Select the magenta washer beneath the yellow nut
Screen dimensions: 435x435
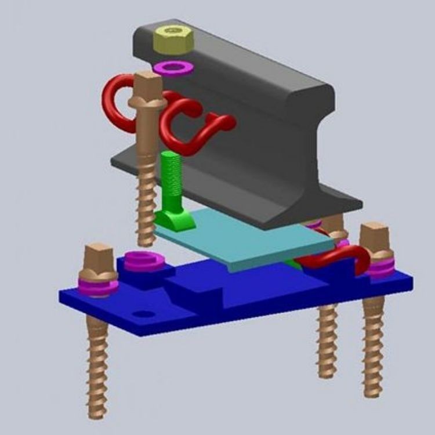(172, 67)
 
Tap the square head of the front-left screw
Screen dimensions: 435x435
(98, 255)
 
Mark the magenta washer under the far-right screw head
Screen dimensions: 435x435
(380, 267)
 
